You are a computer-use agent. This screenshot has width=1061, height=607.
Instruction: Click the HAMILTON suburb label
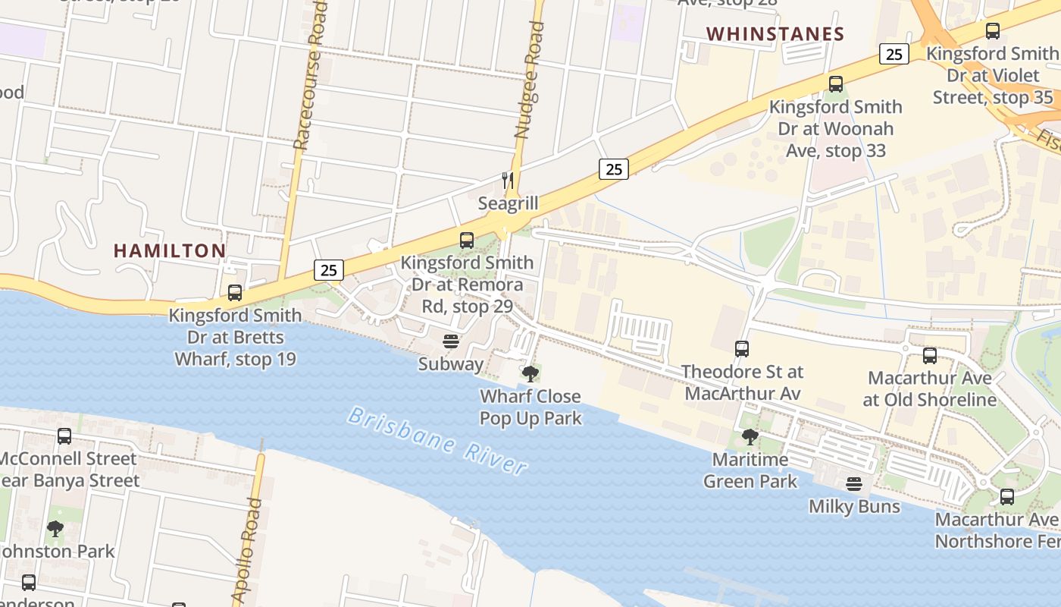click(170, 251)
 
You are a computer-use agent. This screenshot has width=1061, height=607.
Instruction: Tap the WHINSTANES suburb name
click(775, 34)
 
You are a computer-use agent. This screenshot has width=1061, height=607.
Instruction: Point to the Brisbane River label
click(438, 441)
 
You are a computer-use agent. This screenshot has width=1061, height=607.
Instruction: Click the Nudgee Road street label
click(527, 80)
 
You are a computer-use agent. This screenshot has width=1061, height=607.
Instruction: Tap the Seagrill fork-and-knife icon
click(508, 181)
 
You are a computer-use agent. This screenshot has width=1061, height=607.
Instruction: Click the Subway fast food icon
click(451, 341)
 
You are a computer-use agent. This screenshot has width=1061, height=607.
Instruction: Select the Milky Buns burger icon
click(854, 484)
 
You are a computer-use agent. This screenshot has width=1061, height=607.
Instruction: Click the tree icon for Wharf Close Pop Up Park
click(530, 373)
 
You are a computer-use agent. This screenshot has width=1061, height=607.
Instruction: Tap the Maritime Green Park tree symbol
click(750, 437)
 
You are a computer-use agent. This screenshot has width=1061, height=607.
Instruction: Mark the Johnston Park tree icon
click(55, 528)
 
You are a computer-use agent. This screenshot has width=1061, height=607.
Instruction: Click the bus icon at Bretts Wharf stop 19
click(235, 293)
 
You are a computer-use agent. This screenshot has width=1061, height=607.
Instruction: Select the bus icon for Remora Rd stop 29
click(467, 241)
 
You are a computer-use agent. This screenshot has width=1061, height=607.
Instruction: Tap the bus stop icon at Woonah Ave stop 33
click(836, 84)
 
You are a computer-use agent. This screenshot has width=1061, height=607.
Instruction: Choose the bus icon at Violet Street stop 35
click(992, 31)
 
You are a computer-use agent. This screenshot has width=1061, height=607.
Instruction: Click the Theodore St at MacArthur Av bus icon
click(742, 349)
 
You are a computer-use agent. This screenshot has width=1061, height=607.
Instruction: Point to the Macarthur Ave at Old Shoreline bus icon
click(930, 355)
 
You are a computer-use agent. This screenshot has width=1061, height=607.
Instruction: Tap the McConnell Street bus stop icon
click(64, 436)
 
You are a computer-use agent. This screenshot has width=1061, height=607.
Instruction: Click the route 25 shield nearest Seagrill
click(613, 169)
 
